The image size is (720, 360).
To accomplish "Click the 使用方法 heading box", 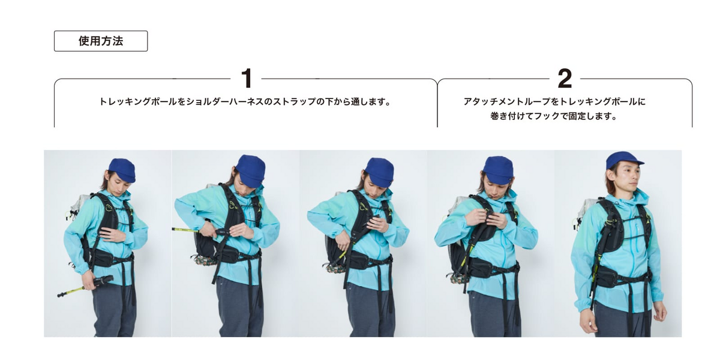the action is (x=101, y=41).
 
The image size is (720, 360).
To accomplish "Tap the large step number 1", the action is (x=247, y=78).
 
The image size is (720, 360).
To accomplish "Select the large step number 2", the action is (x=565, y=78).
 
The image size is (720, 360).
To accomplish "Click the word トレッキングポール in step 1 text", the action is (x=138, y=102).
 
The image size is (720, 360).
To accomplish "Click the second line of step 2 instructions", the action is (x=554, y=116).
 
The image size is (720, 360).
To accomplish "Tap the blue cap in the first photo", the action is (x=122, y=170).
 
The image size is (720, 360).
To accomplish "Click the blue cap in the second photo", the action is (x=250, y=170).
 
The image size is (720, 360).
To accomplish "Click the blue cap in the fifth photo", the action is (x=623, y=160).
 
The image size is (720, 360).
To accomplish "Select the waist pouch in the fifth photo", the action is (x=610, y=277).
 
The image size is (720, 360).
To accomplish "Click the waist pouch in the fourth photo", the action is (x=483, y=265).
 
